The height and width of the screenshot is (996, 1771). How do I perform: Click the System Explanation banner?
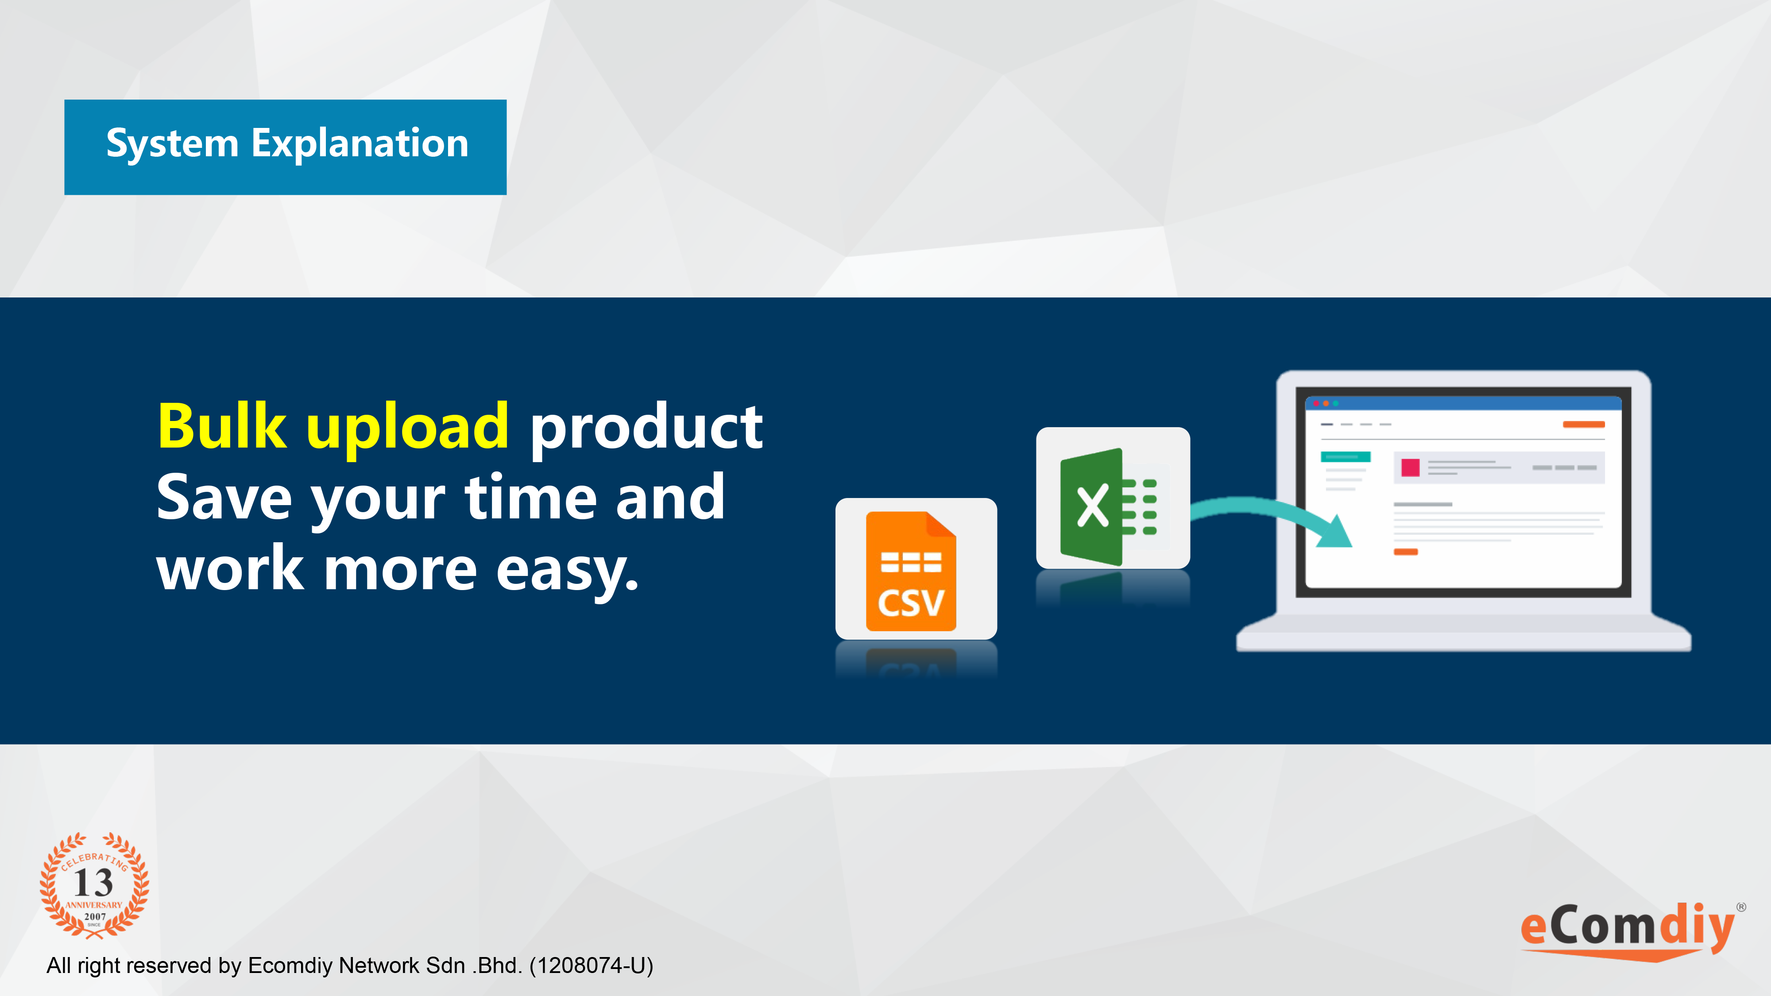click(x=285, y=147)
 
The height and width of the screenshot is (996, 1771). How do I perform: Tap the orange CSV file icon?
click(x=911, y=571)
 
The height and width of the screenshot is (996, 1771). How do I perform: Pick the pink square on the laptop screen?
click(x=1410, y=467)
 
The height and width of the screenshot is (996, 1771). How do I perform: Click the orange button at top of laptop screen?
click(x=1583, y=424)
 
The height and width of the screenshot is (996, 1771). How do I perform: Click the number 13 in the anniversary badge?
click(x=93, y=883)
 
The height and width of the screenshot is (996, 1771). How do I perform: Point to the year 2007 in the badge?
click(x=95, y=916)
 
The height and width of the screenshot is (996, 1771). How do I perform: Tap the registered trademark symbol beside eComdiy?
click(x=1741, y=907)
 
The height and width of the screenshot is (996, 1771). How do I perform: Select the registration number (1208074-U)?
click(x=591, y=966)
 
